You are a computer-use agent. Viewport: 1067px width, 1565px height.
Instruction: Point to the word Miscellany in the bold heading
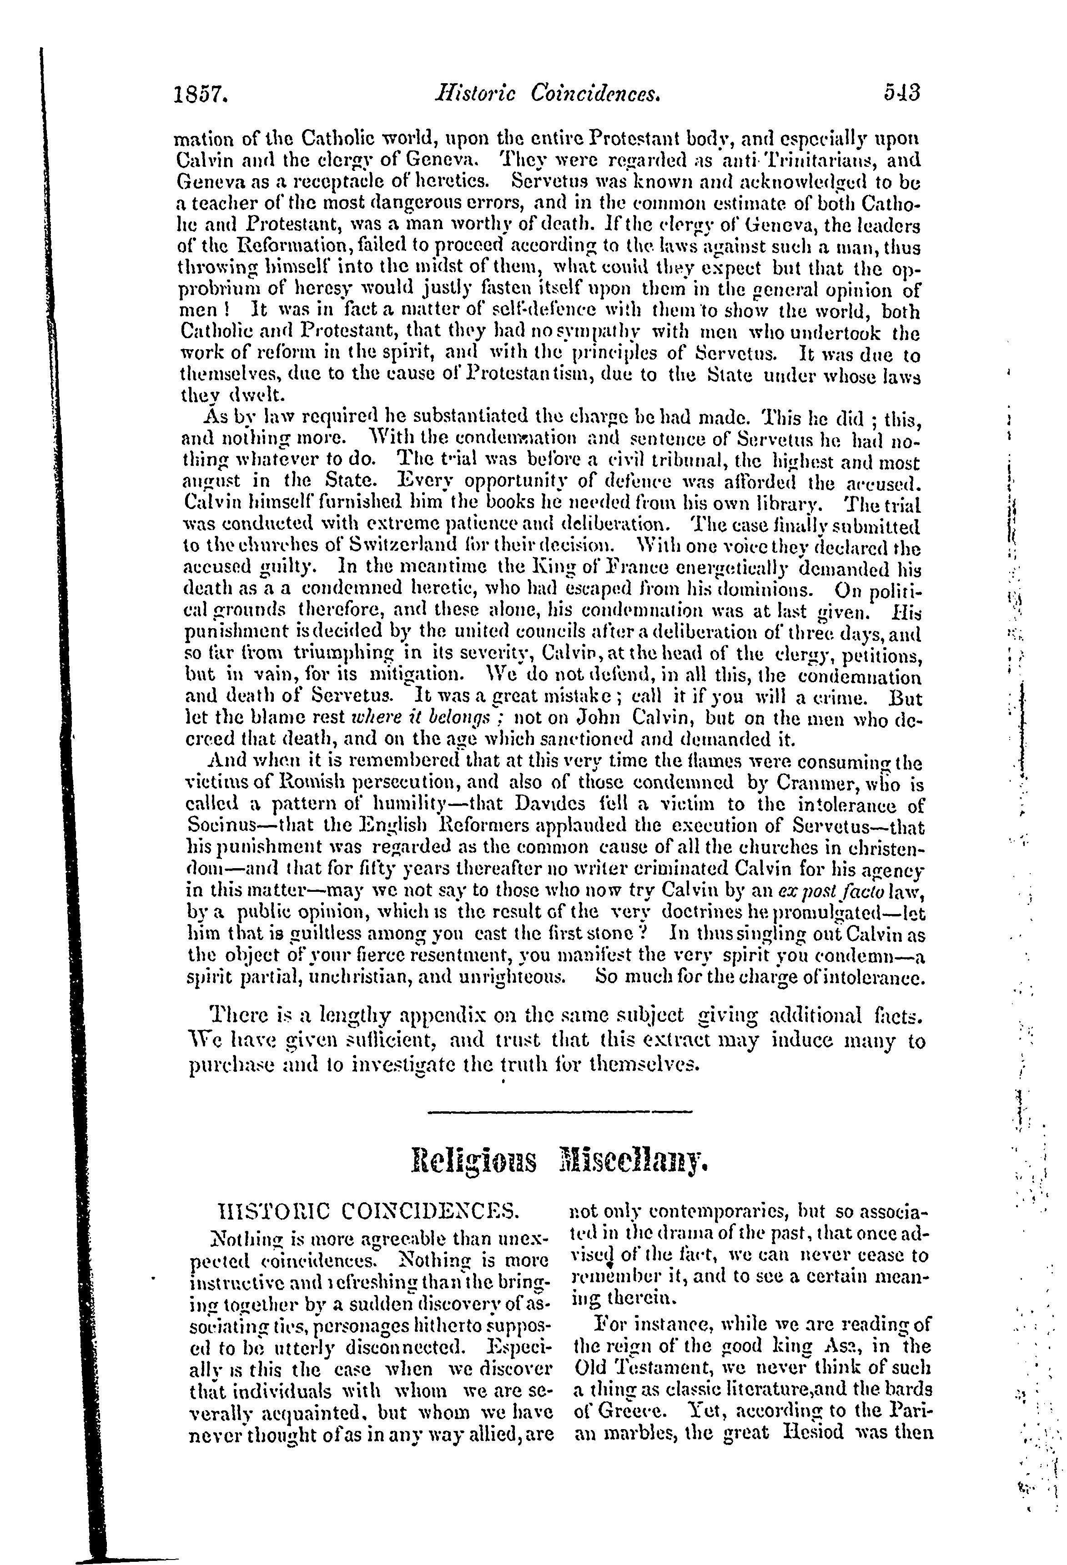632,1160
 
